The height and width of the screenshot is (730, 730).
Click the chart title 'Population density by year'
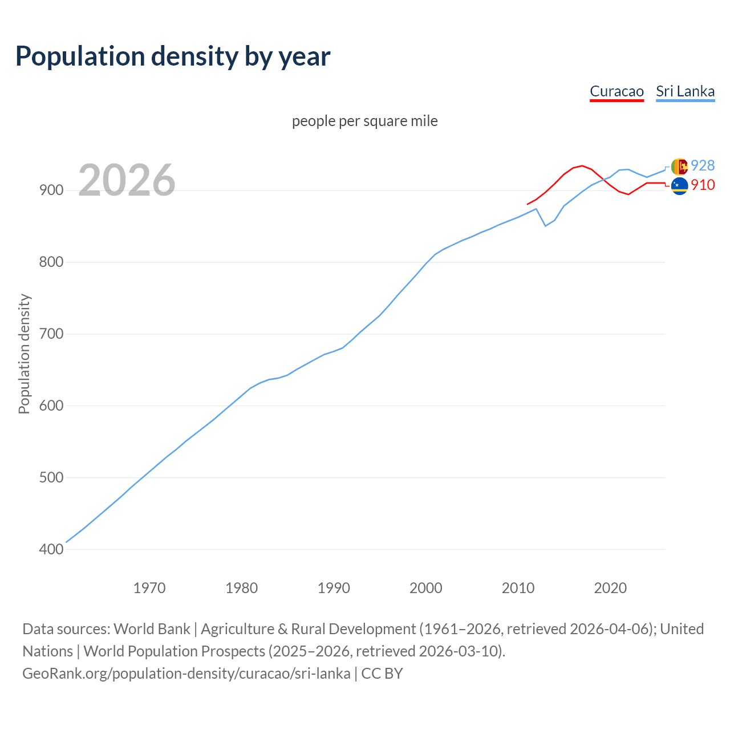click(173, 56)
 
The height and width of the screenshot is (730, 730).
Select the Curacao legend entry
click(617, 91)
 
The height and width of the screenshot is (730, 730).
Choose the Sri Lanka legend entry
click(685, 91)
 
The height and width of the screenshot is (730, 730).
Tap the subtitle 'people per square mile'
click(364, 121)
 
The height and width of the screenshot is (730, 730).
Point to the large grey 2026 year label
click(127, 180)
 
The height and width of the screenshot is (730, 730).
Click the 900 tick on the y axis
click(51, 190)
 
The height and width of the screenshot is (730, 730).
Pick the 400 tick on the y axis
click(51, 549)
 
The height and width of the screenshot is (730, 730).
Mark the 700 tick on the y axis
click(51, 334)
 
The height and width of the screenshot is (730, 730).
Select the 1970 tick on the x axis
click(149, 587)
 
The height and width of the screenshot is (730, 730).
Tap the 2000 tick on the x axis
click(426, 587)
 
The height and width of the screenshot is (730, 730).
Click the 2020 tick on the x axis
click(610, 587)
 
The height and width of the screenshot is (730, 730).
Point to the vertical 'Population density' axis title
click(24, 354)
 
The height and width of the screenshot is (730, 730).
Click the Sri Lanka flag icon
click(679, 166)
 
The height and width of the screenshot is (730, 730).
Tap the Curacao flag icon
click(679, 185)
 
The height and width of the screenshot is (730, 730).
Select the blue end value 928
click(703, 165)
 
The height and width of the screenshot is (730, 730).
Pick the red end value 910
click(703, 185)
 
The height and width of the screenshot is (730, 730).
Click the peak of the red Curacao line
click(582, 166)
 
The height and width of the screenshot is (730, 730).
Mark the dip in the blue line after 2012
click(545, 226)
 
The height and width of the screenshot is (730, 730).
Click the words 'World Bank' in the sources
click(152, 629)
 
